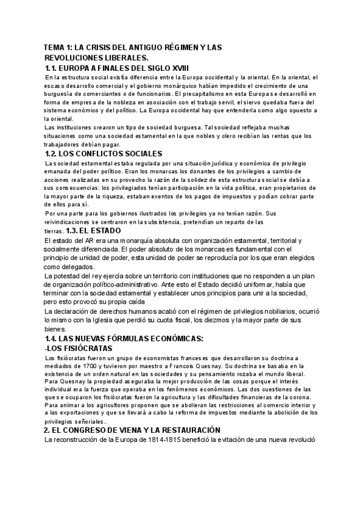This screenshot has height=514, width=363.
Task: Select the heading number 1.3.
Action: (x=73, y=230)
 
